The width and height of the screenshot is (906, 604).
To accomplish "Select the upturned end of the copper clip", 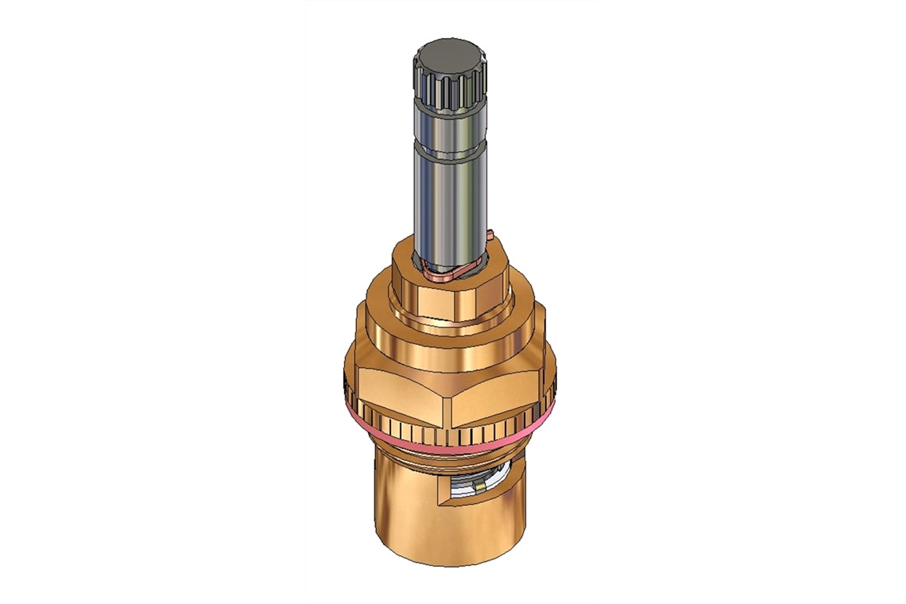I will (489, 234).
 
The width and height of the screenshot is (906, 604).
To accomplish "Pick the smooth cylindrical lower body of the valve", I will (405, 509).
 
